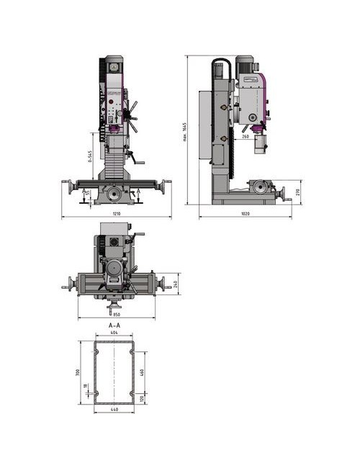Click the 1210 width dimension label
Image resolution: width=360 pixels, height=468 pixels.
tap(117, 214)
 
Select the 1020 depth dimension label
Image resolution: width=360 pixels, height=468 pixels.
tap(245, 214)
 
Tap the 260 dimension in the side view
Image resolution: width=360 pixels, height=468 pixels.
tap(246, 135)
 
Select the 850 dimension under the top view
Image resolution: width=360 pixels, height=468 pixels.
tap(116, 314)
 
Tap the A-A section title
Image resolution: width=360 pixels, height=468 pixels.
tap(114, 325)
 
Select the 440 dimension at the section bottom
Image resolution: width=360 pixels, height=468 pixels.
tap(114, 410)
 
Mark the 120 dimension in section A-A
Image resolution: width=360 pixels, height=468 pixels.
tap(143, 398)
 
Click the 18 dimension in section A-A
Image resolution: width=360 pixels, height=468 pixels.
tap(84, 387)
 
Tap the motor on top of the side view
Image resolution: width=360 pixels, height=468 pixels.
tap(245, 64)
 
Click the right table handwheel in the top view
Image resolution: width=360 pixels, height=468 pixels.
tap(168, 283)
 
